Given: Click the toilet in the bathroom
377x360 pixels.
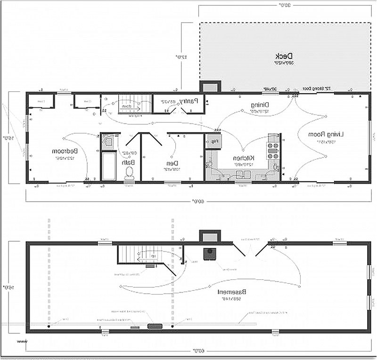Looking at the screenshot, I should point(128,173).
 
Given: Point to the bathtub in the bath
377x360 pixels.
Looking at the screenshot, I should point(109,165).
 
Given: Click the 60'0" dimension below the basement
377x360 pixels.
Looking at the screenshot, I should point(194,351).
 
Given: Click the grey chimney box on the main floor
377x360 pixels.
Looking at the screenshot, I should point(210,87).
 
